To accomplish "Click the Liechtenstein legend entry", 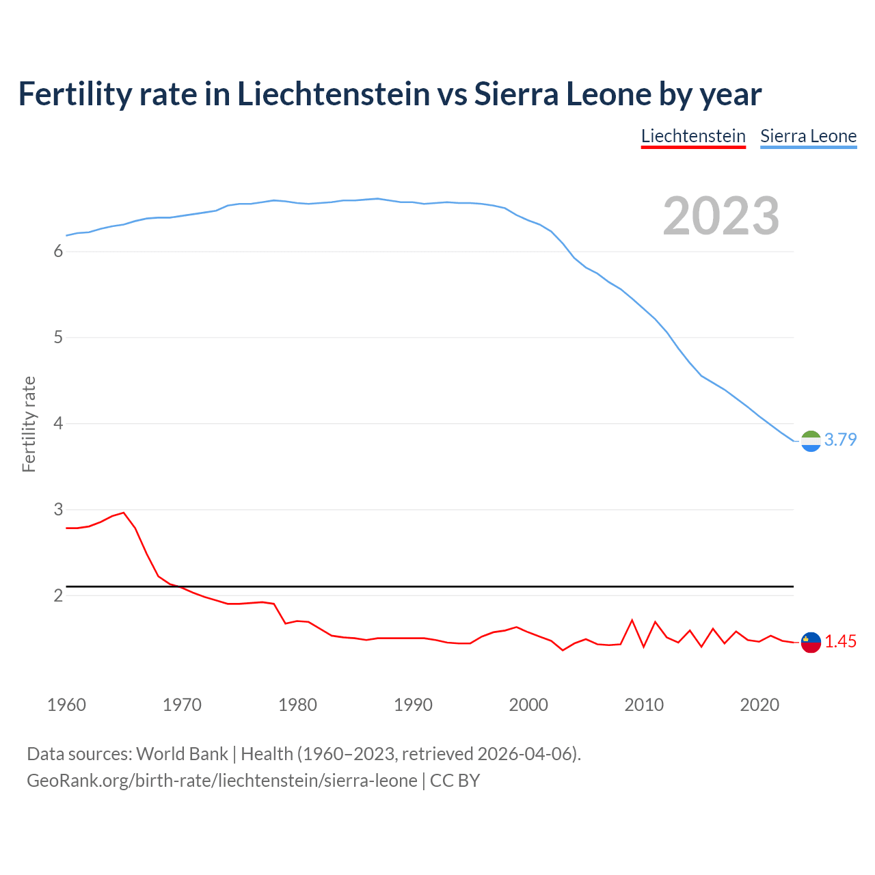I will (x=693, y=136).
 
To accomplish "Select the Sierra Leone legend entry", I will (x=808, y=136).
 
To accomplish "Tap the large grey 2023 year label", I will (x=721, y=216).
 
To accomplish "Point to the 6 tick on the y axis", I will (x=58, y=252).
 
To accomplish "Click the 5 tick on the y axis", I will (x=58, y=338).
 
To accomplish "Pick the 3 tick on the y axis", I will (x=58, y=509).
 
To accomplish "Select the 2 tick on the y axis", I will (x=58, y=595).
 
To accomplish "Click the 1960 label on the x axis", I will (x=66, y=705).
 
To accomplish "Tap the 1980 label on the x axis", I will (x=297, y=705).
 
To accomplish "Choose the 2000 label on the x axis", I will (x=528, y=705).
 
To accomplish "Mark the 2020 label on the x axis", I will (x=759, y=705).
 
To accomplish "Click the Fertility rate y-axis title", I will (x=29, y=424).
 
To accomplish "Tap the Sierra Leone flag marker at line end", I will (x=811, y=442).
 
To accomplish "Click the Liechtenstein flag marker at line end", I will (x=811, y=643).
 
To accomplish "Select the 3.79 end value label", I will (x=840, y=440).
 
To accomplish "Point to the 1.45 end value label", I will (x=840, y=642).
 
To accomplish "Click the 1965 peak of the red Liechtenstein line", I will (x=124, y=512).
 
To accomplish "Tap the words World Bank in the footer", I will (x=182, y=754).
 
